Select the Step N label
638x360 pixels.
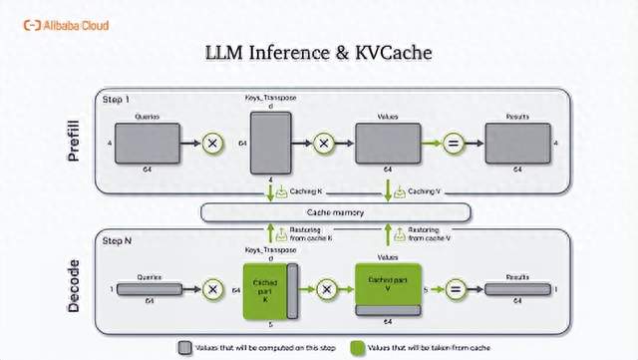tap(119, 240)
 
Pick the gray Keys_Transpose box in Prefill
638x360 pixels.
tap(269, 144)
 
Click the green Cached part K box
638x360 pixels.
tap(264, 289)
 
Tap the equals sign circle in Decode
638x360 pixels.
tap(455, 289)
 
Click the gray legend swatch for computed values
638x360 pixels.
tap(185, 346)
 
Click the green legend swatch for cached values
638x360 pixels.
tap(357, 346)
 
